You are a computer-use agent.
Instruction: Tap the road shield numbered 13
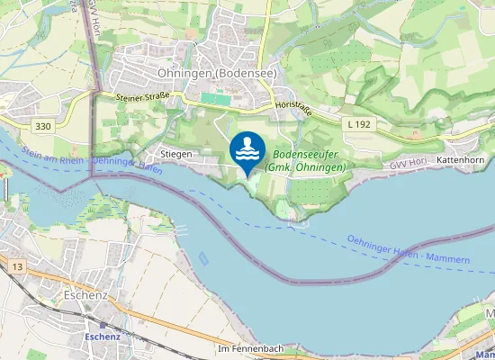coord(17,267)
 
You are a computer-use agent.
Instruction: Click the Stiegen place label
coord(176,155)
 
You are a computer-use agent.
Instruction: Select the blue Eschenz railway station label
coord(103,336)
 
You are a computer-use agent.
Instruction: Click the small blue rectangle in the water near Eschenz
coord(204,258)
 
